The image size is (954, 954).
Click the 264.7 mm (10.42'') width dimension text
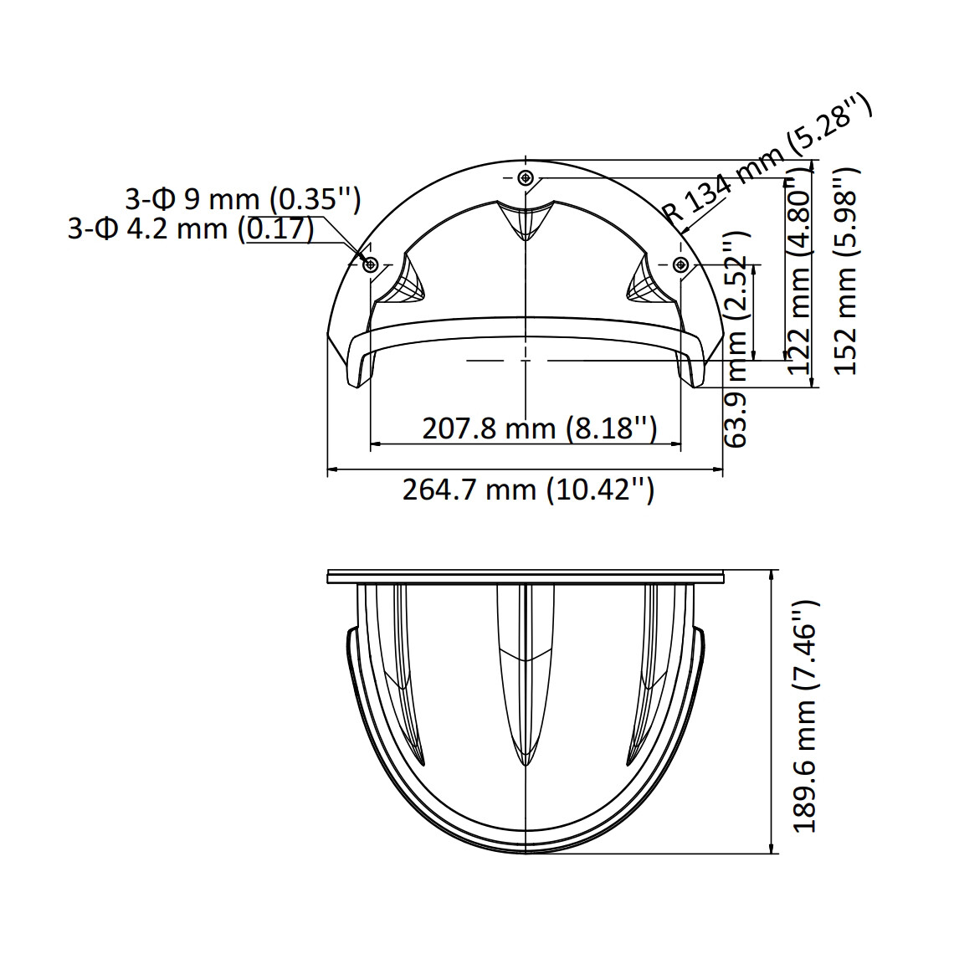[x=527, y=490]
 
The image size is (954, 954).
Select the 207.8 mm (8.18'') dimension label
[x=538, y=428]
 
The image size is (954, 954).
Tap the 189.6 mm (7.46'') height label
[x=804, y=715]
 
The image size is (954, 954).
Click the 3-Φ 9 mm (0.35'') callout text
[x=243, y=199]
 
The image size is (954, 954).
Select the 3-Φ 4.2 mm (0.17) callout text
[x=190, y=228]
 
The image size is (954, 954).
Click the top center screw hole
[x=525, y=177]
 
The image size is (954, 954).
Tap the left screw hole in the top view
[x=371, y=265]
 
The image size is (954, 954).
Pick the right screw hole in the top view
[x=680, y=265]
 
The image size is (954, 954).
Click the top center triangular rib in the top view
[x=525, y=219]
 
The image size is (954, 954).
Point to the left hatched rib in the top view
[x=406, y=280]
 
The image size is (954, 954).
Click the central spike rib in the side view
[x=525, y=669]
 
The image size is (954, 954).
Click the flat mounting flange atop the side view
[x=525, y=577]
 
